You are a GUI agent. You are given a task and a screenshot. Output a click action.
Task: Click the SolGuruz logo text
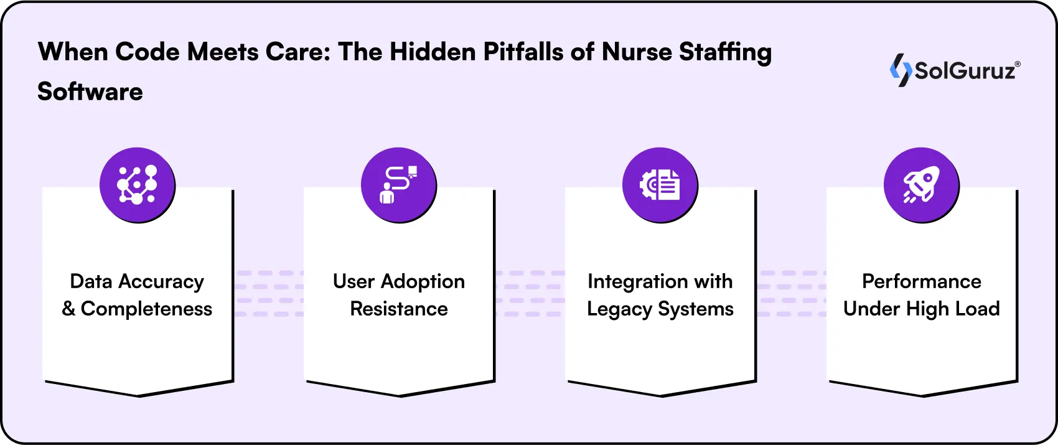[x=965, y=71]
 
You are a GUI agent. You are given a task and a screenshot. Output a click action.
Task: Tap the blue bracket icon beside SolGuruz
[x=901, y=70]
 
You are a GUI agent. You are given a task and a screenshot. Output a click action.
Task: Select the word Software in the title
[x=90, y=92]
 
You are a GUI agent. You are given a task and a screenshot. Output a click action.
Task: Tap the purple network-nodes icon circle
[x=137, y=185]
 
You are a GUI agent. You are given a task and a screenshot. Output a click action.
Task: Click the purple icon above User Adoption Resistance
[x=398, y=185]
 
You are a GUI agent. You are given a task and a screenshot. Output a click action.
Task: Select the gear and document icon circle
[x=660, y=185]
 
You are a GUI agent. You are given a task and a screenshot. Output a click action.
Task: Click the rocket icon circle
[x=921, y=185]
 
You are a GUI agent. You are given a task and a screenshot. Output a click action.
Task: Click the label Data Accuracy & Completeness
[x=137, y=295]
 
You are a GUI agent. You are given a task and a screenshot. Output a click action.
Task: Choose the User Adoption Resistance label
[x=398, y=295]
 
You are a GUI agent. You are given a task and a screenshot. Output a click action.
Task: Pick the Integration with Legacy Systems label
[x=660, y=295]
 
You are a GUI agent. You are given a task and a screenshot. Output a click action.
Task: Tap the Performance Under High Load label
[x=921, y=295]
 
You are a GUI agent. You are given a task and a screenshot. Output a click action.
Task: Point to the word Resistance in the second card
[x=398, y=309]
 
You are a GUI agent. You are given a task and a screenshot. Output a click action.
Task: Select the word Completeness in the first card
[x=146, y=309]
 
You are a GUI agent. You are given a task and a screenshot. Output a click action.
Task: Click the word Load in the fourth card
[x=977, y=309]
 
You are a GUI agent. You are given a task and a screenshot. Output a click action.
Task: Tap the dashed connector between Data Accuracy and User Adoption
[x=269, y=293]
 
